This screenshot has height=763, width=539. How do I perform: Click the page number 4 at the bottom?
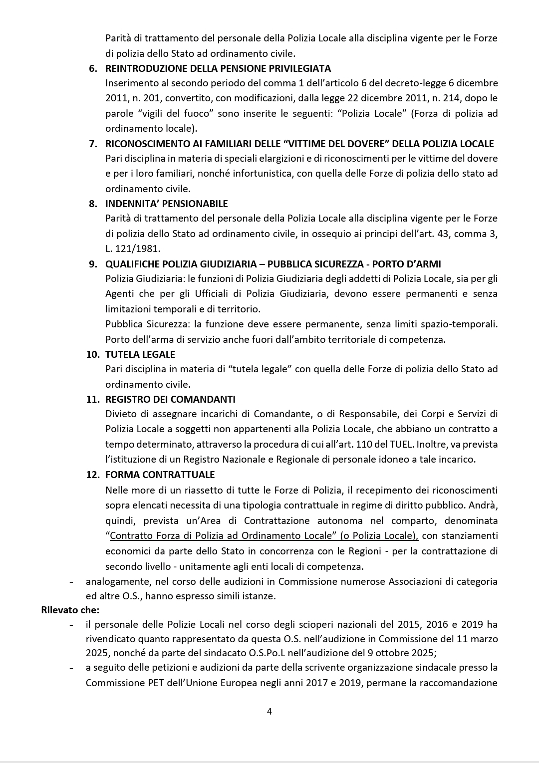(269, 711)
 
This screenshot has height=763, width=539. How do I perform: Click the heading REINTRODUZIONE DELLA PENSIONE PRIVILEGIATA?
(218, 68)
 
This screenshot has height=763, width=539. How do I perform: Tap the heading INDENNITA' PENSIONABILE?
(166, 204)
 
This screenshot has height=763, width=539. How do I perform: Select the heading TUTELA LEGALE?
(140, 354)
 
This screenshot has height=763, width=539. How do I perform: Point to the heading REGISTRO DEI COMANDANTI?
(170, 399)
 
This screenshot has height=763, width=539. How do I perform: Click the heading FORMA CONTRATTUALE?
(160, 475)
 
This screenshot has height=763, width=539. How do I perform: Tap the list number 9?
(93, 264)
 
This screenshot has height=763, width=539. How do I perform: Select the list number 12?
(93, 475)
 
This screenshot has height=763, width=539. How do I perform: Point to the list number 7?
(93, 144)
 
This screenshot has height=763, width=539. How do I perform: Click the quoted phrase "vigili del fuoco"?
(175, 113)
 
